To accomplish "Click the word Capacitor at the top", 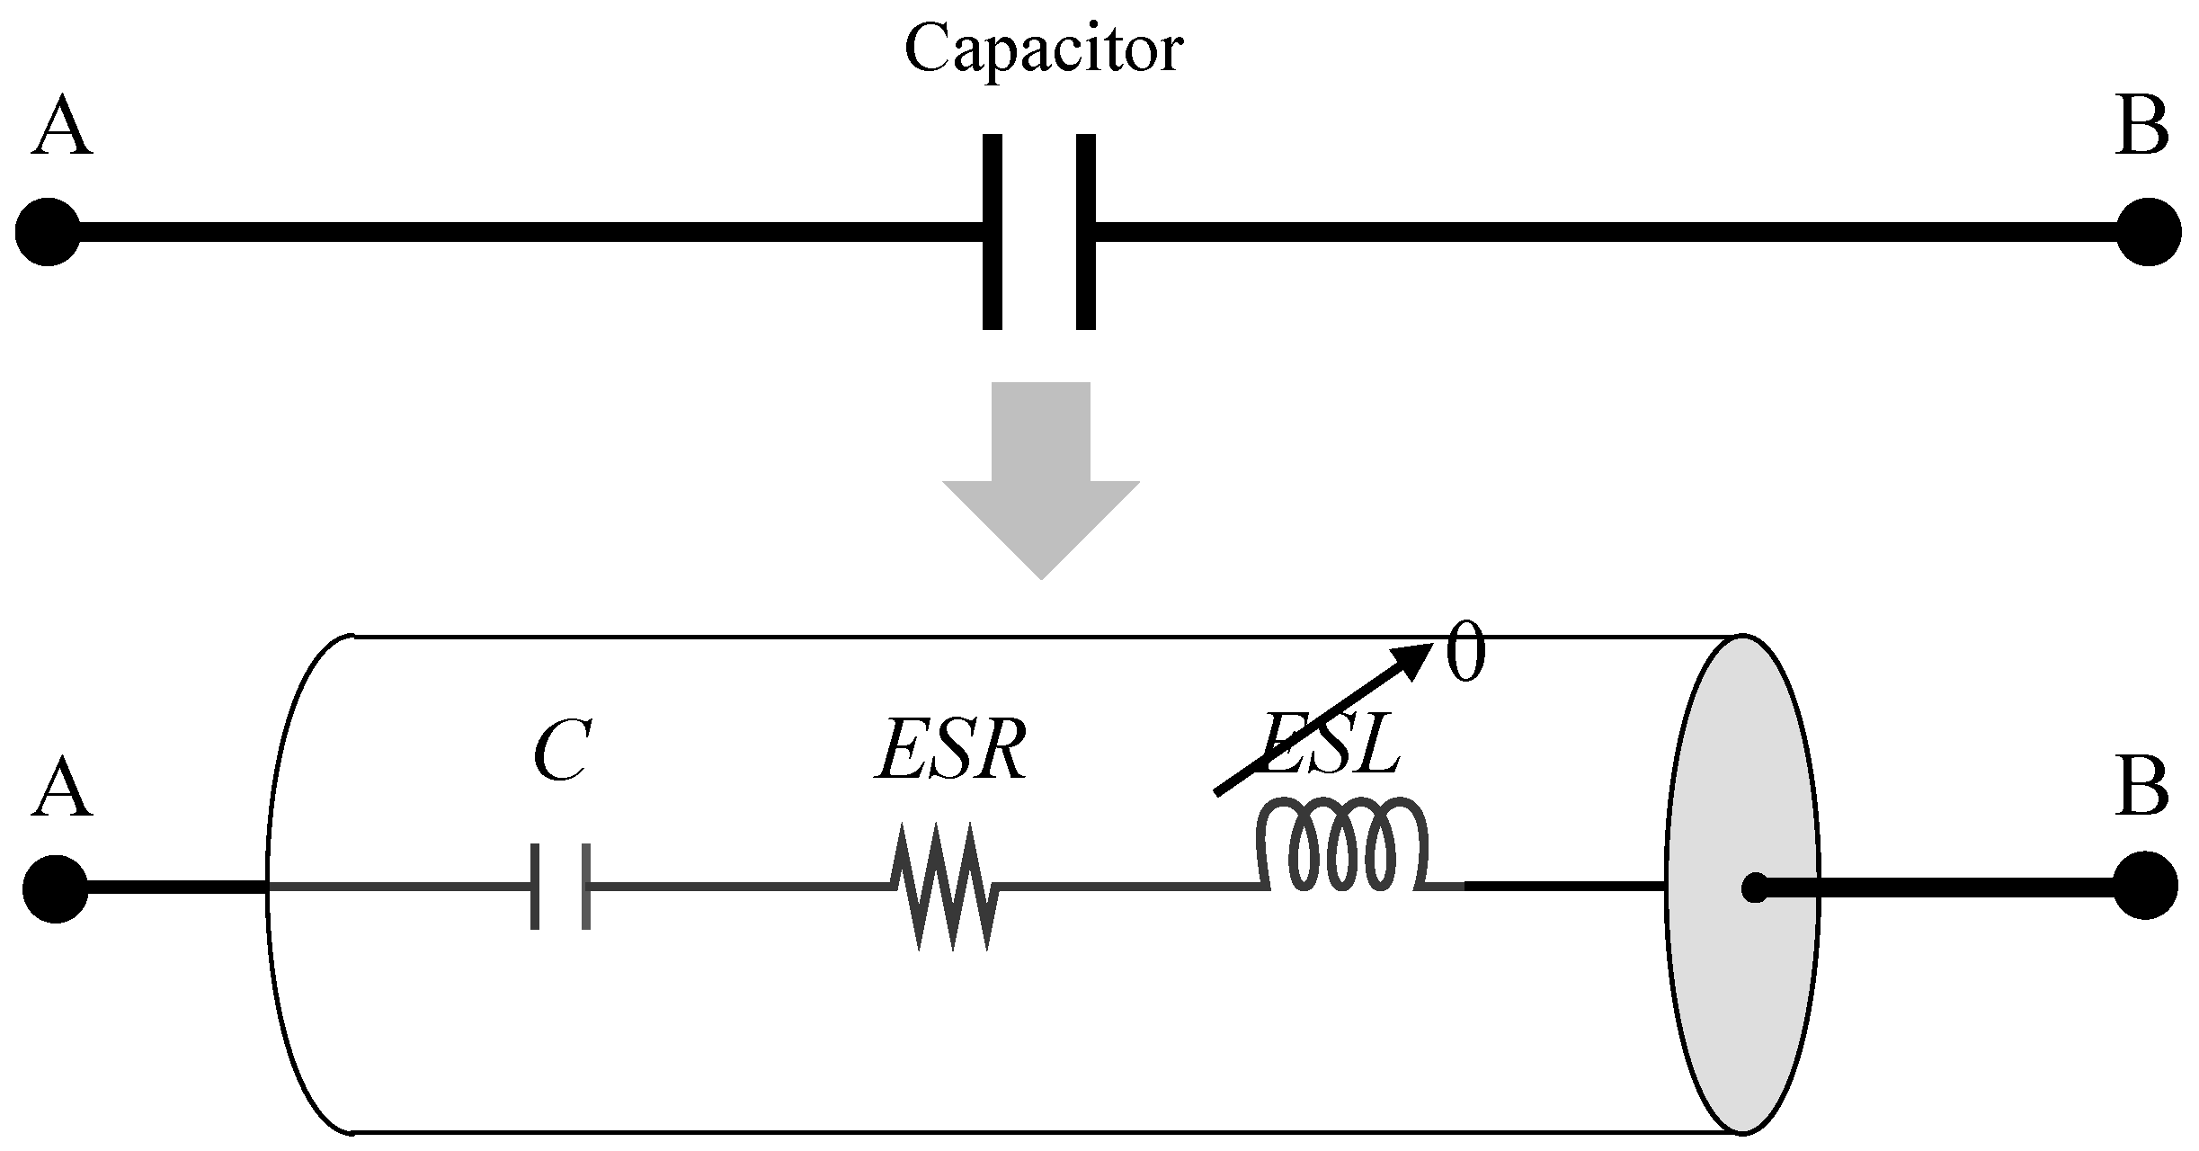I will tap(1043, 50).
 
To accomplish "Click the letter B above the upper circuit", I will tap(2141, 129).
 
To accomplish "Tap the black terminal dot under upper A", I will tap(48, 232).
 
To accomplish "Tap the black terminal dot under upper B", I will tap(2149, 232).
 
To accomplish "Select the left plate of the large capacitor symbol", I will tap(992, 232).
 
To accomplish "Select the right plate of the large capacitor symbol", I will tap(1085, 232).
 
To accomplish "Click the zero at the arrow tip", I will tap(1465, 656).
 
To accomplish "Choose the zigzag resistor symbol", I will tap(945, 887).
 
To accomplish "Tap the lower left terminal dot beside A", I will tap(55, 888).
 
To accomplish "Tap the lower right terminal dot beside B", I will tap(2146, 887).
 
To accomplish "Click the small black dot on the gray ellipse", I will tap(1753, 888).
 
